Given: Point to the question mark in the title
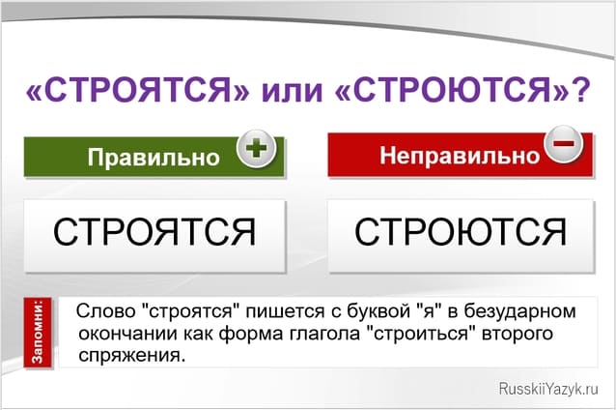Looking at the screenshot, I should coord(581,92).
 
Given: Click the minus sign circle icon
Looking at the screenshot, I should coord(564,146).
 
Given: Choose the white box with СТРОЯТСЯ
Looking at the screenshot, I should coord(154,232).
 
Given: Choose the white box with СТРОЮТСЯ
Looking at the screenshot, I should coord(460,232).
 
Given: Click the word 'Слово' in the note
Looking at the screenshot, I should coord(99,312).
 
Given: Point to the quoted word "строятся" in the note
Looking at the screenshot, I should coord(180,312).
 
